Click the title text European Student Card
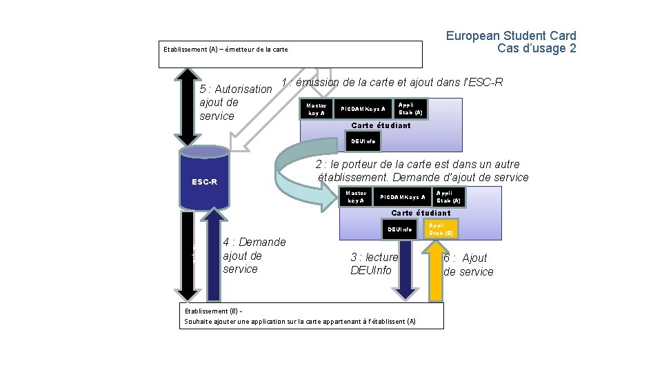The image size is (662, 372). coord(510,36)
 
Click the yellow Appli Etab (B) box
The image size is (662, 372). coord(440,229)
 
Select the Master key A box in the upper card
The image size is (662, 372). coord(316,109)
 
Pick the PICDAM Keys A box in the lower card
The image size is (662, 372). coord(402,197)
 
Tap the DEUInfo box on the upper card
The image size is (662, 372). coord(363,141)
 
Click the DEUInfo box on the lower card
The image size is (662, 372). coord(400,229)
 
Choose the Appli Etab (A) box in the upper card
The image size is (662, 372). coord(410,108)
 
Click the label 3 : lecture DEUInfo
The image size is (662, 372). coord(374,264)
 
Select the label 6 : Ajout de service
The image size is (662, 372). coord(468,265)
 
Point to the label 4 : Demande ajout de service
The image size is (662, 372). coord(254,256)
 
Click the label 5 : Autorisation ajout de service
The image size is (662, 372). coord(235,102)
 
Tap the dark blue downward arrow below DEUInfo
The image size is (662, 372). coord(407,269)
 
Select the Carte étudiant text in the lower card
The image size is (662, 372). coord(421,213)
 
